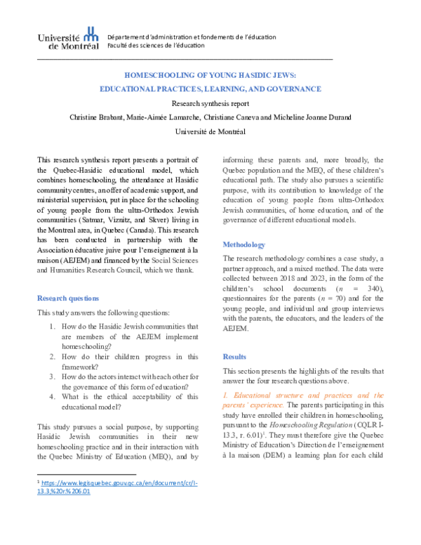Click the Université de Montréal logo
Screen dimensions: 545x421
point(67,39)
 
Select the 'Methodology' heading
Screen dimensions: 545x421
point(243,244)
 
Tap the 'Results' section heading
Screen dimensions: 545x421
point(236,356)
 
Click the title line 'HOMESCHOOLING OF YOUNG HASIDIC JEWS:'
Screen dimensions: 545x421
point(210,74)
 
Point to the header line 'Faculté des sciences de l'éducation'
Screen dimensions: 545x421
point(156,46)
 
